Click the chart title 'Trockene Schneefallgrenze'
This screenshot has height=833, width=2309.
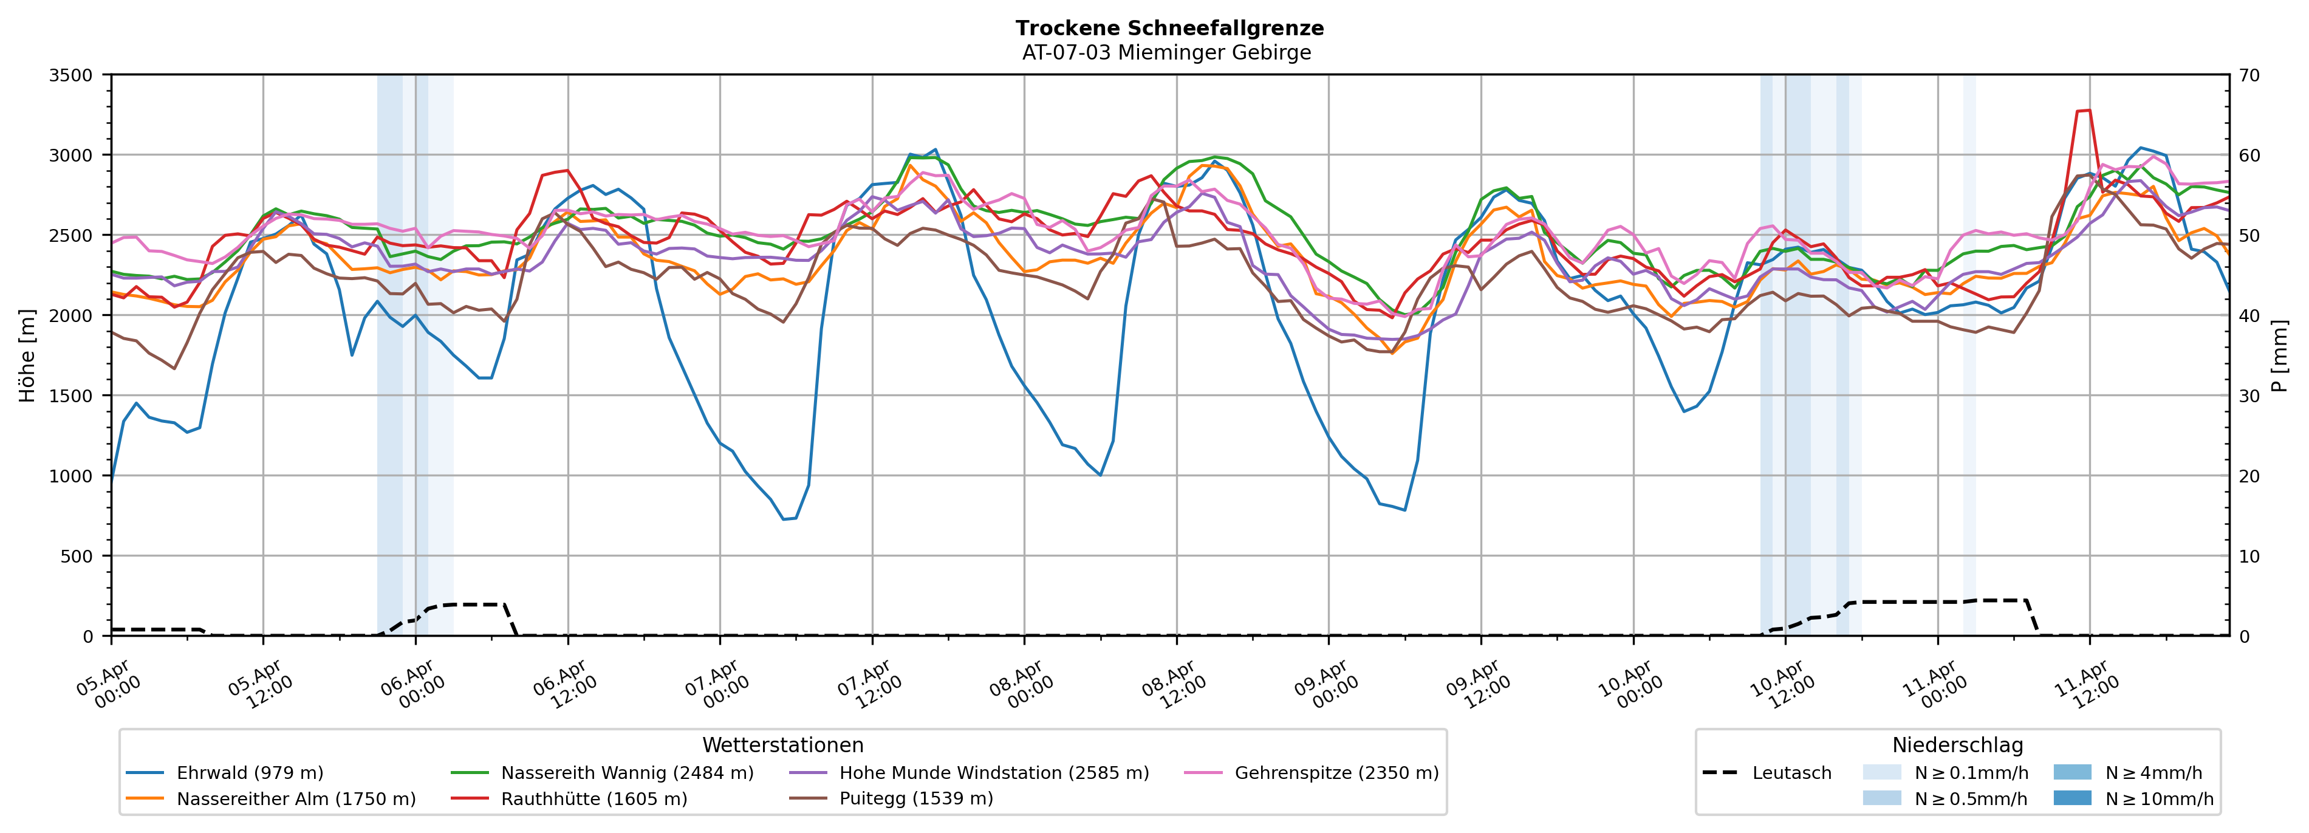[1169, 28]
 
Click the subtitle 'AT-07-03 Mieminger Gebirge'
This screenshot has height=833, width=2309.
[1166, 53]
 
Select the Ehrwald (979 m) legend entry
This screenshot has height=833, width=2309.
[249, 773]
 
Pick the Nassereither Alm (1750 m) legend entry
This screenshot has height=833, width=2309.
[296, 799]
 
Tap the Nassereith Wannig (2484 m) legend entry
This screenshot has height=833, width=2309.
[626, 773]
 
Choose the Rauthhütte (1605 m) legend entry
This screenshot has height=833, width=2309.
[593, 799]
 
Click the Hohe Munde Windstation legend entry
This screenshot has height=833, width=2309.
[993, 773]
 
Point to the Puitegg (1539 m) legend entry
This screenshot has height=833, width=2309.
[916, 799]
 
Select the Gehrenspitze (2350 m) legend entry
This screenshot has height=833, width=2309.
[1336, 773]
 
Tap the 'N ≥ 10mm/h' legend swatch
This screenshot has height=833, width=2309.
[2071, 798]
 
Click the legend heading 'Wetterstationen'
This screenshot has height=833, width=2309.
[782, 745]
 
